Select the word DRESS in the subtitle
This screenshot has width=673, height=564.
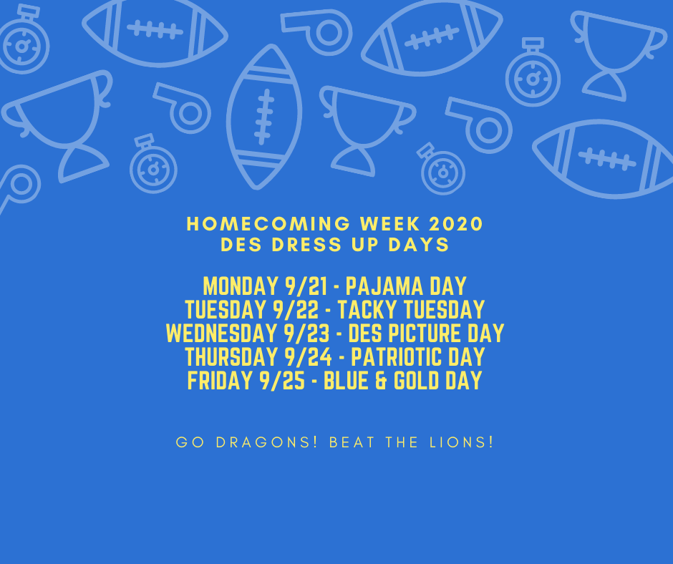tap(307, 245)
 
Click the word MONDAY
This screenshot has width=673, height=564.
tap(241, 286)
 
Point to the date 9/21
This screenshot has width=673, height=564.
tap(306, 286)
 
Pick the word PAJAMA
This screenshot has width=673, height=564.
tap(384, 286)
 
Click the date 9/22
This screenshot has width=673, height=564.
tap(296, 310)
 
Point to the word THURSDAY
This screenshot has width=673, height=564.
tap(231, 357)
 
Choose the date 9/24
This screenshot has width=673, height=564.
tap(308, 357)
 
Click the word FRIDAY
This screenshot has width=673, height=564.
tap(219, 381)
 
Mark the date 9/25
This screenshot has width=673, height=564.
tap(281, 381)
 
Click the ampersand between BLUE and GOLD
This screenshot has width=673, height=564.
tap(381, 381)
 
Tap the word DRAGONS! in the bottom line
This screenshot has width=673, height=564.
tap(266, 442)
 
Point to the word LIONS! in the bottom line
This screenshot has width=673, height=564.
tap(461, 442)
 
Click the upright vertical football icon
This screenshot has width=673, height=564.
tap(264, 117)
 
